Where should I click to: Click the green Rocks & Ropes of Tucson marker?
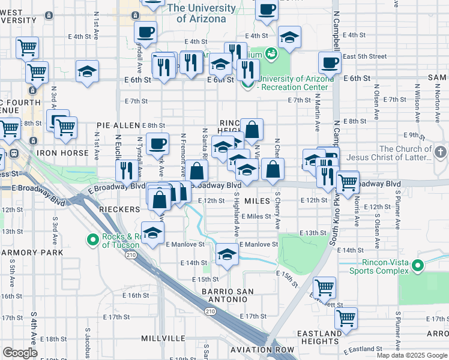click(93, 241)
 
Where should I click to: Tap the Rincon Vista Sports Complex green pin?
click(419, 265)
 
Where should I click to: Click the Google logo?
click(20, 353)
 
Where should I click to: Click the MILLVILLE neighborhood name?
click(163, 338)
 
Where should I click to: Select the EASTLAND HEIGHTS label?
click(322, 337)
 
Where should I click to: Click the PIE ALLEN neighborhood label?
click(118, 125)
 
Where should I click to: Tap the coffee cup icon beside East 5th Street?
click(329, 62)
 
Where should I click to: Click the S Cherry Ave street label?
click(277, 211)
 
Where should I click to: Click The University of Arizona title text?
click(201, 13)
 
